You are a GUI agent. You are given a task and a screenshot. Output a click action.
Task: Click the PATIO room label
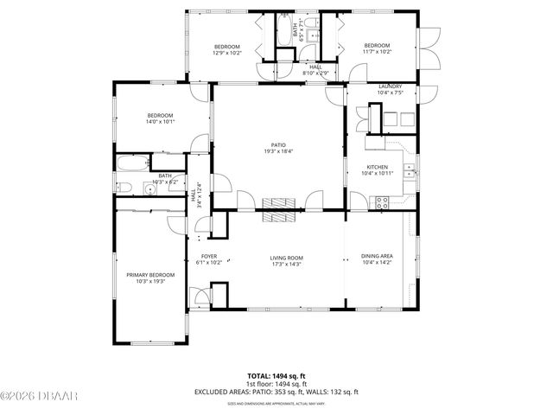(x=279, y=145)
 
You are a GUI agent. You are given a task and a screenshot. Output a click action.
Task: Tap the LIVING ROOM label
(x=286, y=257)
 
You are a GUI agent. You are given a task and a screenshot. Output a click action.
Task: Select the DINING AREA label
(x=377, y=257)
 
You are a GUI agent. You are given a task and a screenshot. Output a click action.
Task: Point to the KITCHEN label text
(x=377, y=168)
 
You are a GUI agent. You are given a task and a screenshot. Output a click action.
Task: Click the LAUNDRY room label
(x=390, y=86)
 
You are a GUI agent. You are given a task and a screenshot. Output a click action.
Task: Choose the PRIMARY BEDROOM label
(x=150, y=275)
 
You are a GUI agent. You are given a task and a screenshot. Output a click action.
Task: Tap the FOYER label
(x=209, y=257)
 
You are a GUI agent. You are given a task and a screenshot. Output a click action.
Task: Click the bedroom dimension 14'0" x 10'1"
(x=161, y=122)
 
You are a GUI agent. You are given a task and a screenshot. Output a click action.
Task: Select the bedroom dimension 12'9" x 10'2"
(x=227, y=53)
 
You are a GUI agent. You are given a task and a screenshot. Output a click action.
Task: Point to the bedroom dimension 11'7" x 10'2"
(x=377, y=53)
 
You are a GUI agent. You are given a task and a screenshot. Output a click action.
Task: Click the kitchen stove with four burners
(x=381, y=202)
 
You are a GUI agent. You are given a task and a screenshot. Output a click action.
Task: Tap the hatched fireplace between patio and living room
(x=279, y=203)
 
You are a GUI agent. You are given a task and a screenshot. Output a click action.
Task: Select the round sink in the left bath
(x=149, y=188)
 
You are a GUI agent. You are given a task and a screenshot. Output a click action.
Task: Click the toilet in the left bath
(x=123, y=188)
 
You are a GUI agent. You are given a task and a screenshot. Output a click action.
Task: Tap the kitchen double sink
(x=414, y=169)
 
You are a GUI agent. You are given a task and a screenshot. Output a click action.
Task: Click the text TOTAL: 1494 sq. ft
(x=276, y=376)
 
